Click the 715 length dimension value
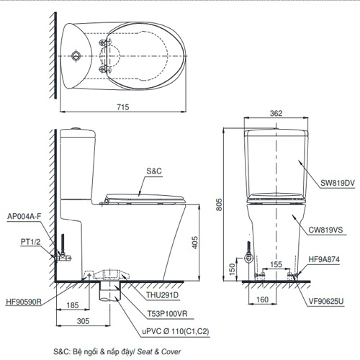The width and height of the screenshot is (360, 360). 123,107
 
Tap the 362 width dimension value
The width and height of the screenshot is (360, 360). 276,113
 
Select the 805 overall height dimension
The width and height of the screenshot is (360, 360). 219,204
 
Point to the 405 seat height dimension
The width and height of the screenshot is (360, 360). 195,243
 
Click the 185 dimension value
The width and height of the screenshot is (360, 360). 73,305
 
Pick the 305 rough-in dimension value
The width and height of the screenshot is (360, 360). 83,321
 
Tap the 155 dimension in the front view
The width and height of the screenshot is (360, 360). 276,264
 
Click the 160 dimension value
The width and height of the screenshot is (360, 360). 262,300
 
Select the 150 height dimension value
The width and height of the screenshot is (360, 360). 232,269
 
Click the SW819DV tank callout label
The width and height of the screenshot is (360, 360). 338,183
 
